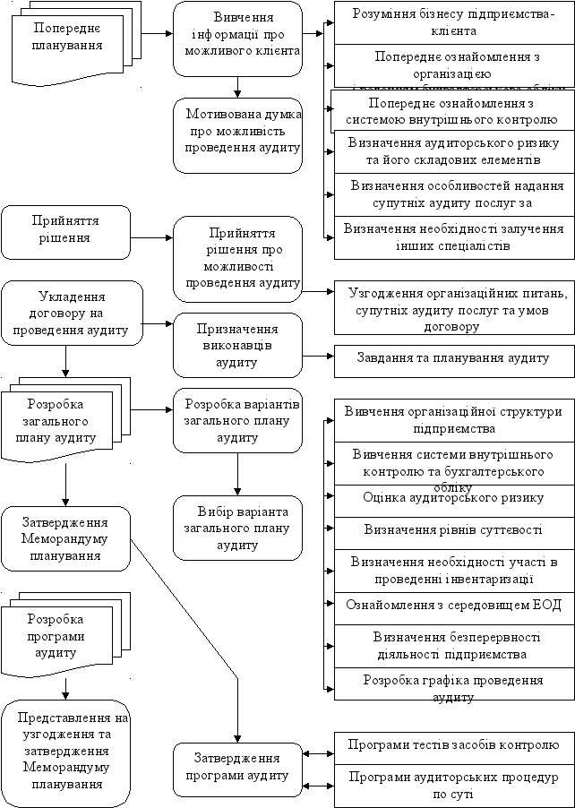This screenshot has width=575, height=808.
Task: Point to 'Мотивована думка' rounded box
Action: (237, 134)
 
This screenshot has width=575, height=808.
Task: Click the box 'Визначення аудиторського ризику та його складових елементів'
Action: (452, 151)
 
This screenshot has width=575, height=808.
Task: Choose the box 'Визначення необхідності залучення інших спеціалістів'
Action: (452, 236)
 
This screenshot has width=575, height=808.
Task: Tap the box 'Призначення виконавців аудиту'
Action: (237, 345)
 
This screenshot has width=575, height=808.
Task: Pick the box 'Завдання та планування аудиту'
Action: (452, 358)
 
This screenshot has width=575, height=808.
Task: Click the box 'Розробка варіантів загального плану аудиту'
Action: (237, 418)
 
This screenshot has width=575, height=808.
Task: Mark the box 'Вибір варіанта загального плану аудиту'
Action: (237, 528)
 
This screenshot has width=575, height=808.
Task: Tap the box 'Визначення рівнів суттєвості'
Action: (452, 530)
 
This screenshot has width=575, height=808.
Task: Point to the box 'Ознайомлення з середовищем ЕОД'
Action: (452, 606)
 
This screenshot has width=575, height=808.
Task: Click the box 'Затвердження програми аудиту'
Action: (237, 768)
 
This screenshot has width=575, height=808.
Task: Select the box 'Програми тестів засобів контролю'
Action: (452, 745)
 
